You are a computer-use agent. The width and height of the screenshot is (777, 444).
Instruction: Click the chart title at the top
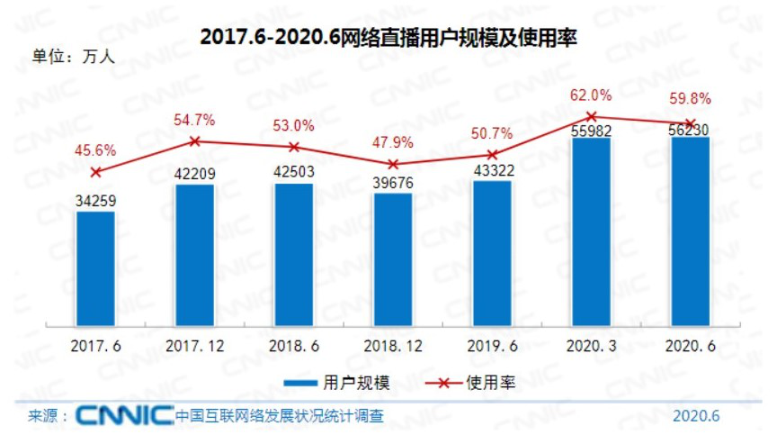(388, 38)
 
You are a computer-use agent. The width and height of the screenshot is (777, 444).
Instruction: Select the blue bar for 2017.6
(95, 268)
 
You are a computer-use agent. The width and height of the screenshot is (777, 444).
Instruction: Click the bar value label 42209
(194, 174)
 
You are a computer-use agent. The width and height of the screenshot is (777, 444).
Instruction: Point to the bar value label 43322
(491, 171)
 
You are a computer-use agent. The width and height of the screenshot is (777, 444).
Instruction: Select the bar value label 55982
(591, 130)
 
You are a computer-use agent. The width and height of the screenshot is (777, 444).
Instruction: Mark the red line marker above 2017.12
(194, 140)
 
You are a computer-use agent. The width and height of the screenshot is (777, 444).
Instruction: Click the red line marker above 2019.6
(491, 155)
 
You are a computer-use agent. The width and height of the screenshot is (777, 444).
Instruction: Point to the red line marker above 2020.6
(690, 123)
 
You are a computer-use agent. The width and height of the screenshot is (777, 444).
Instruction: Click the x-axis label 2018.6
(293, 346)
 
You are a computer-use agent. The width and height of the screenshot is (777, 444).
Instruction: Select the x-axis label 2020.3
(591, 346)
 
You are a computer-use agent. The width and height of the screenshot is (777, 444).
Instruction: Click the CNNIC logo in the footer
(124, 416)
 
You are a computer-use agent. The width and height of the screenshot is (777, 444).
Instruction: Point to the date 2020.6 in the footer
(696, 416)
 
